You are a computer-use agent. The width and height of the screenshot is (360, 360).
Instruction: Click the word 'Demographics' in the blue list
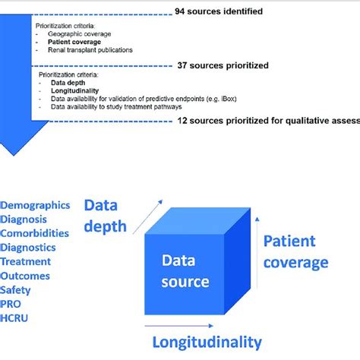[36, 205]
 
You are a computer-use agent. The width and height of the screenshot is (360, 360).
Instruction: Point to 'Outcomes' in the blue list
[27, 276]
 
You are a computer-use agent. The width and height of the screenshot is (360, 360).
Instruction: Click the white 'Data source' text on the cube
[185, 271]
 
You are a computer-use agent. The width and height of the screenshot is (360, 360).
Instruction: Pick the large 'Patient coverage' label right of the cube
[295, 252]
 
